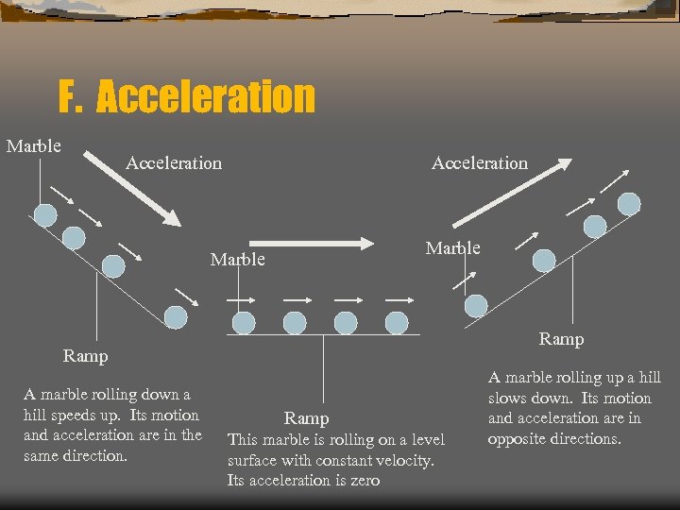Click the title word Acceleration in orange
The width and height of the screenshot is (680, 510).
205,96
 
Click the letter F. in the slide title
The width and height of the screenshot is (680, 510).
72,96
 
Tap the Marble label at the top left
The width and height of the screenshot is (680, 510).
34,146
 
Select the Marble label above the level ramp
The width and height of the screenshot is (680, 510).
237,259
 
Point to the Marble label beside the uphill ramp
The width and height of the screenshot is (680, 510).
452,248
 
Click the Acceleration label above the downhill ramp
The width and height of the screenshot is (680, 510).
174,163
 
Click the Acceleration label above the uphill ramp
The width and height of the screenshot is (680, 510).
479,163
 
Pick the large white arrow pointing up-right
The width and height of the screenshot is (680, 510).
511,193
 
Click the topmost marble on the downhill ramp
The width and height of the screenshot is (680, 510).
43,215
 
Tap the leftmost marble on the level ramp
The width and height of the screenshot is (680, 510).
244,323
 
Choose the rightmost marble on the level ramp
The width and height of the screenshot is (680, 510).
397,323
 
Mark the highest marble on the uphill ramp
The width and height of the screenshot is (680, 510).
629,203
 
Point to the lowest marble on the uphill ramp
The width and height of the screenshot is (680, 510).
476,305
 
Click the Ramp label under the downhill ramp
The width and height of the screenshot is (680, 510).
85,356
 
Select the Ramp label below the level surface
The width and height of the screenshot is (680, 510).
307,418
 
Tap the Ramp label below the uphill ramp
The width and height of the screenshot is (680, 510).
561,338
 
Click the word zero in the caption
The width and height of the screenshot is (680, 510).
364,481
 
